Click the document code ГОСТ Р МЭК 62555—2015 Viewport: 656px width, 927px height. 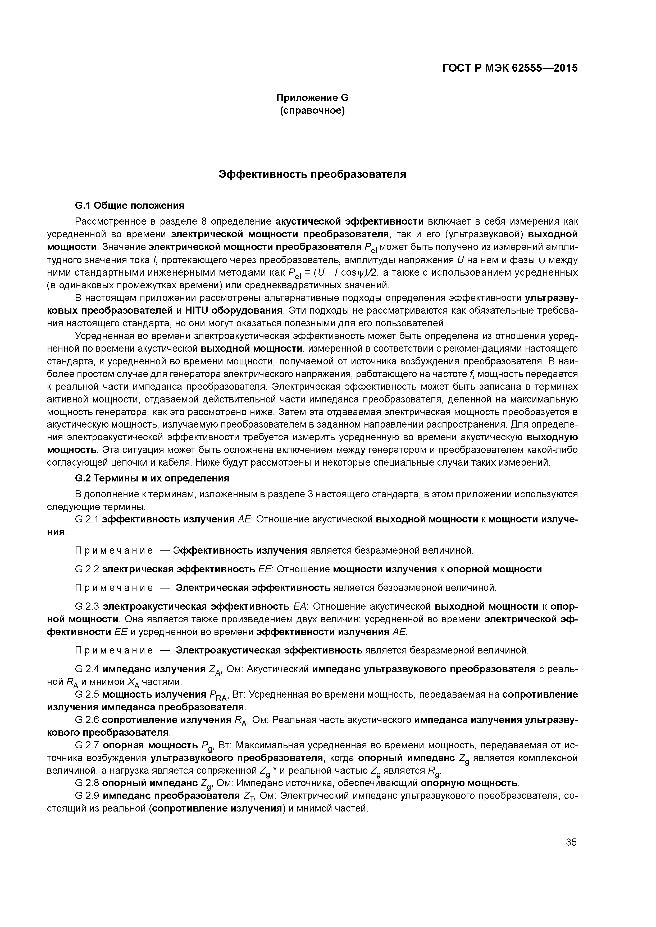[x=510, y=68]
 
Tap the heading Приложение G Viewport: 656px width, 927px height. [x=312, y=98]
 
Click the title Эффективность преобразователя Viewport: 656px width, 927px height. [x=312, y=174]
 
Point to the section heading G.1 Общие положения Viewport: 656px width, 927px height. [x=129, y=206]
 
